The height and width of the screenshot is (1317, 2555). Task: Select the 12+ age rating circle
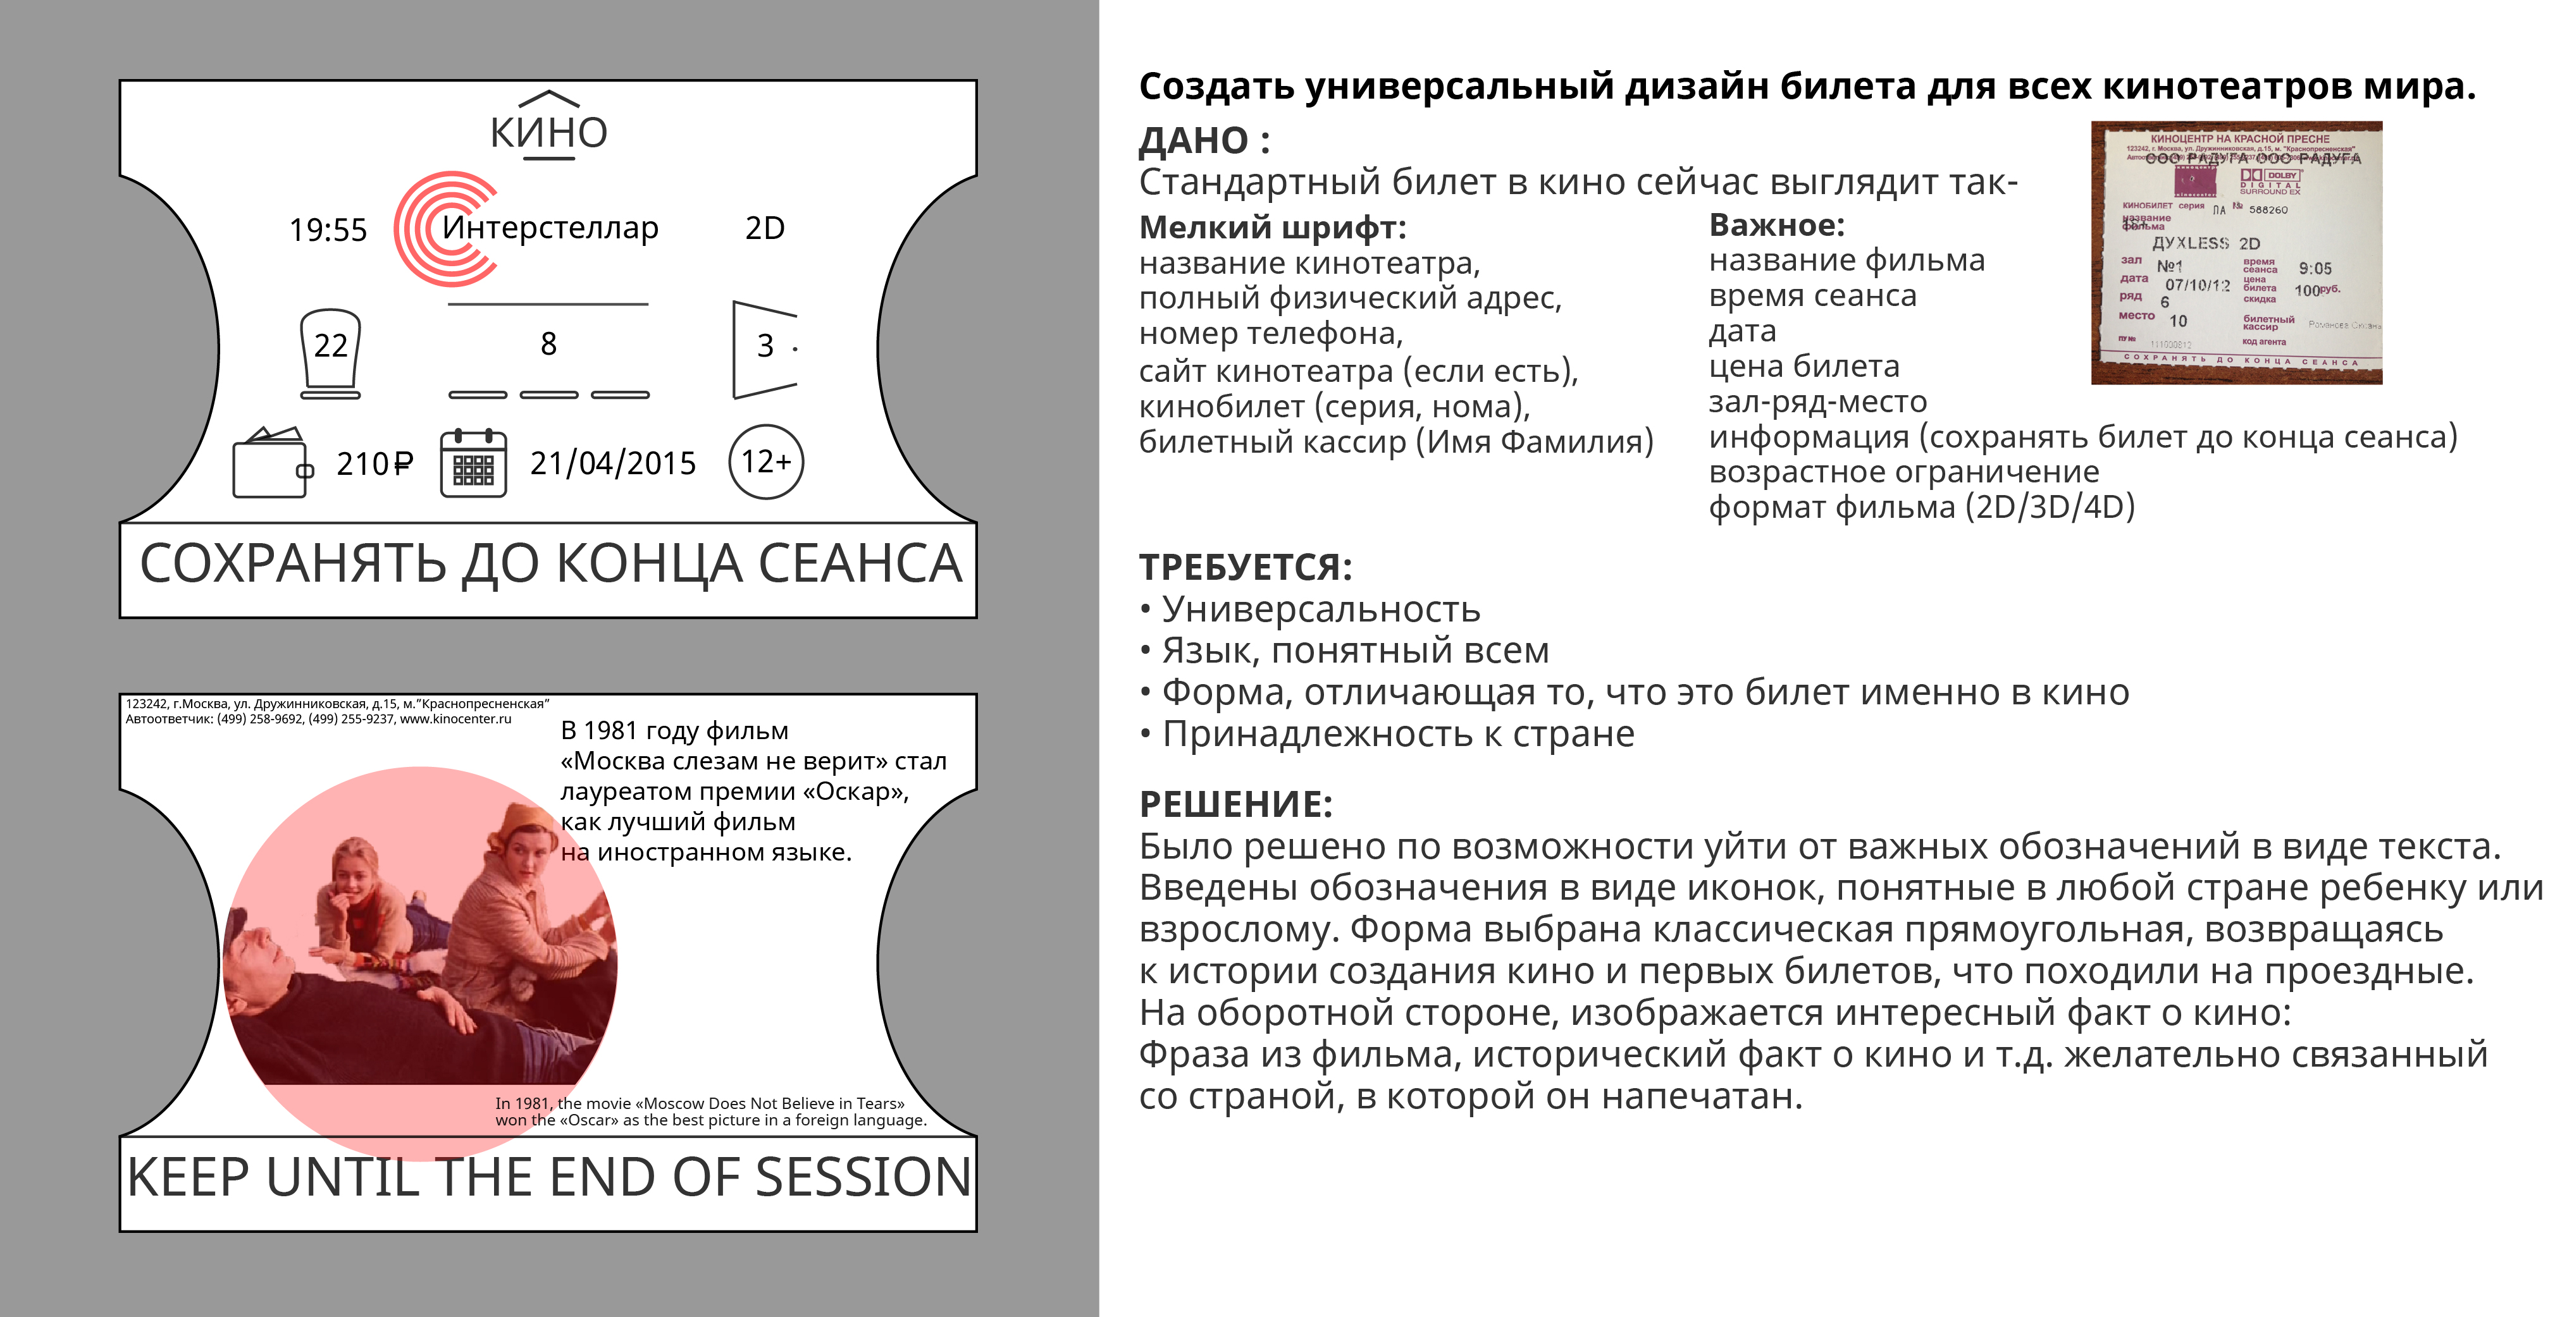tap(765, 462)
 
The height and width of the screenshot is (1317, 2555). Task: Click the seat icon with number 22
tap(330, 352)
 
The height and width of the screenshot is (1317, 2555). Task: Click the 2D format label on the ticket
tap(765, 228)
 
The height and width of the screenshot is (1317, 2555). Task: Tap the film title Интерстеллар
tap(550, 228)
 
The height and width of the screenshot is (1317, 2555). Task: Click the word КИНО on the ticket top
tap(548, 133)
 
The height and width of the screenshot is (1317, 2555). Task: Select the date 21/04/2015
tap(613, 463)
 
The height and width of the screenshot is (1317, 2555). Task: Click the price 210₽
tap(374, 464)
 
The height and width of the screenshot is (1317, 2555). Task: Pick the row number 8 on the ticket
tap(548, 344)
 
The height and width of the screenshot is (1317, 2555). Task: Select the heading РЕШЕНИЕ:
tap(1235, 804)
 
